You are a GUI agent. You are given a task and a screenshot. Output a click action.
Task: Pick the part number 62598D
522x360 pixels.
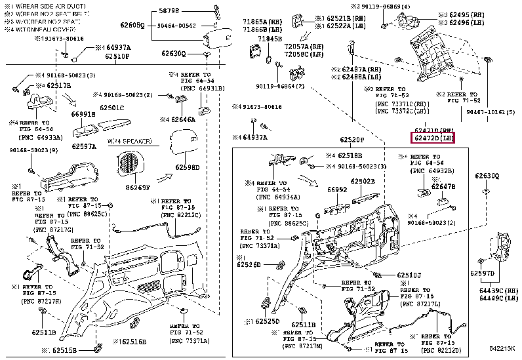coord(187,167)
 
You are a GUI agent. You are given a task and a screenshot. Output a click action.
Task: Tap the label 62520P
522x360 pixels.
coord(351,140)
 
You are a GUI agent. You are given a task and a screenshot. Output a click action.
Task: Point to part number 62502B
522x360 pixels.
coord(362,181)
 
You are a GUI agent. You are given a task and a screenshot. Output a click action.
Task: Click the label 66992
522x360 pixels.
coord(337,190)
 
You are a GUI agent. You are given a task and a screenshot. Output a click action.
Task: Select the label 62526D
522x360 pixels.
coord(249,265)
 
